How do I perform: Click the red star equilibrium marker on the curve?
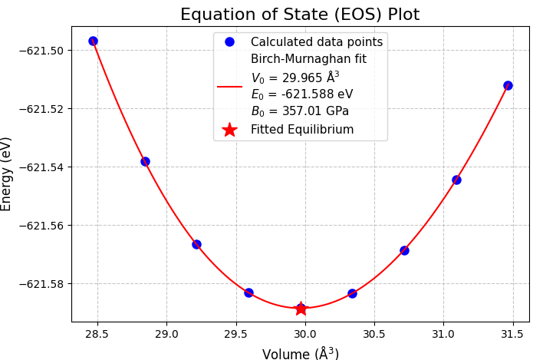(x=301, y=309)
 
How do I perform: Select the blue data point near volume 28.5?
(x=93, y=41)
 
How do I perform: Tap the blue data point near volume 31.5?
(x=508, y=85)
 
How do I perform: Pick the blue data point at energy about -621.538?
(x=145, y=161)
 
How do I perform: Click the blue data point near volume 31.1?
(x=456, y=180)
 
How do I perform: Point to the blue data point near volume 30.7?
(x=404, y=250)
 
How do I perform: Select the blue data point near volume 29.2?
(x=196, y=244)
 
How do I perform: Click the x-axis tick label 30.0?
(x=305, y=335)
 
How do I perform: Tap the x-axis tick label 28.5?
(x=97, y=335)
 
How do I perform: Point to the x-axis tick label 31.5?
(x=513, y=335)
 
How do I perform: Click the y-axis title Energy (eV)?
(x=7, y=173)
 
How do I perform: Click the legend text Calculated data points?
(x=316, y=42)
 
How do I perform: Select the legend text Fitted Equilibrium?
(x=302, y=130)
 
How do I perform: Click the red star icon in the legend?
(x=229, y=130)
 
